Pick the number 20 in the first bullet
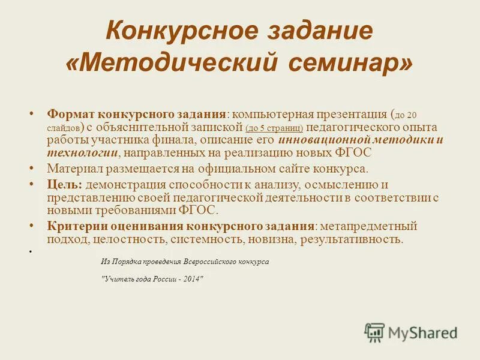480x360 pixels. pyautogui.click(x=412, y=115)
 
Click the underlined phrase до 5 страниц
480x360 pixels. pyautogui.click(x=274, y=128)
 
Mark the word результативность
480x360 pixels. pyautogui.click(x=353, y=239)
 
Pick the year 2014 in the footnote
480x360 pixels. pyautogui.click(x=191, y=279)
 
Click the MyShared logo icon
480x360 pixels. pyautogui.click(x=374, y=332)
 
